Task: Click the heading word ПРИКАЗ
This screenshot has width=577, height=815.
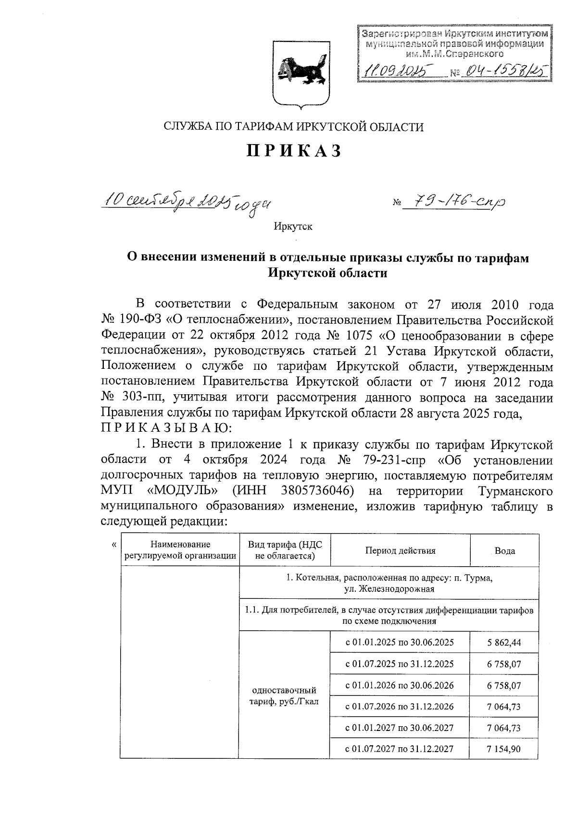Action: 294,151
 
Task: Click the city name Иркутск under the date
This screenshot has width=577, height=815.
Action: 293,226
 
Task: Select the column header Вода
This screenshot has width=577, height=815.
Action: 505,551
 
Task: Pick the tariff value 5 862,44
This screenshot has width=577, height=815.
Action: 504,643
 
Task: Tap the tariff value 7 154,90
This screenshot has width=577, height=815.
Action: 504,749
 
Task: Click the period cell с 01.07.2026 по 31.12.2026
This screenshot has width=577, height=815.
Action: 400,706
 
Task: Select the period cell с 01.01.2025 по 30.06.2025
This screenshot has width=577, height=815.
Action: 400,643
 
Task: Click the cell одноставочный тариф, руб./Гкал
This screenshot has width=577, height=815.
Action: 285,696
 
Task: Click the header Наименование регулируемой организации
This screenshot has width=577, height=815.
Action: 180,550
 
